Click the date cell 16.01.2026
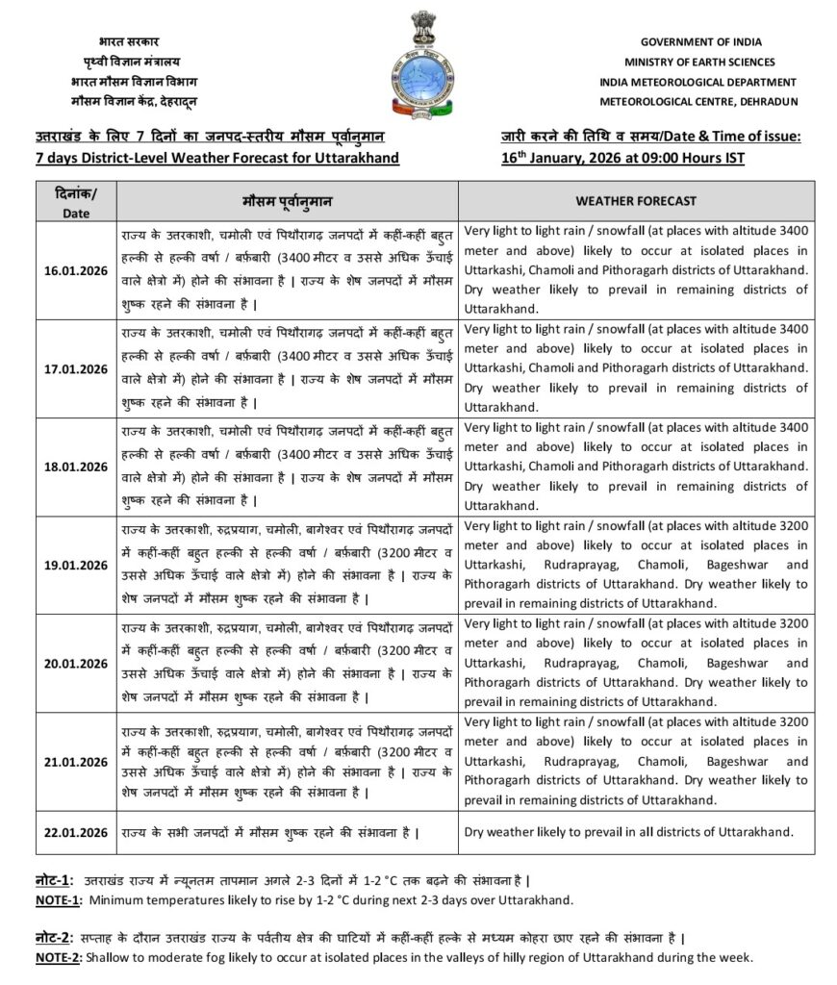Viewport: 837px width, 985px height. (x=76, y=270)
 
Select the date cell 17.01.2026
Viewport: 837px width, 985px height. (x=76, y=368)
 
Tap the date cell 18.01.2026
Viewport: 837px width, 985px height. (x=76, y=467)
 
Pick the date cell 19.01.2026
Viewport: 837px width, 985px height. (x=76, y=565)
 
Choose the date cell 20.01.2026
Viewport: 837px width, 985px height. (x=76, y=663)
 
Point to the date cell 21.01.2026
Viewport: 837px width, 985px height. (x=76, y=761)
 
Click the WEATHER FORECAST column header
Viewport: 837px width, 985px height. (x=636, y=201)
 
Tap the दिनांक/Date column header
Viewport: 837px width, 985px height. (x=76, y=201)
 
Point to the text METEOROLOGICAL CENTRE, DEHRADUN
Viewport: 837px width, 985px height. (x=699, y=100)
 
